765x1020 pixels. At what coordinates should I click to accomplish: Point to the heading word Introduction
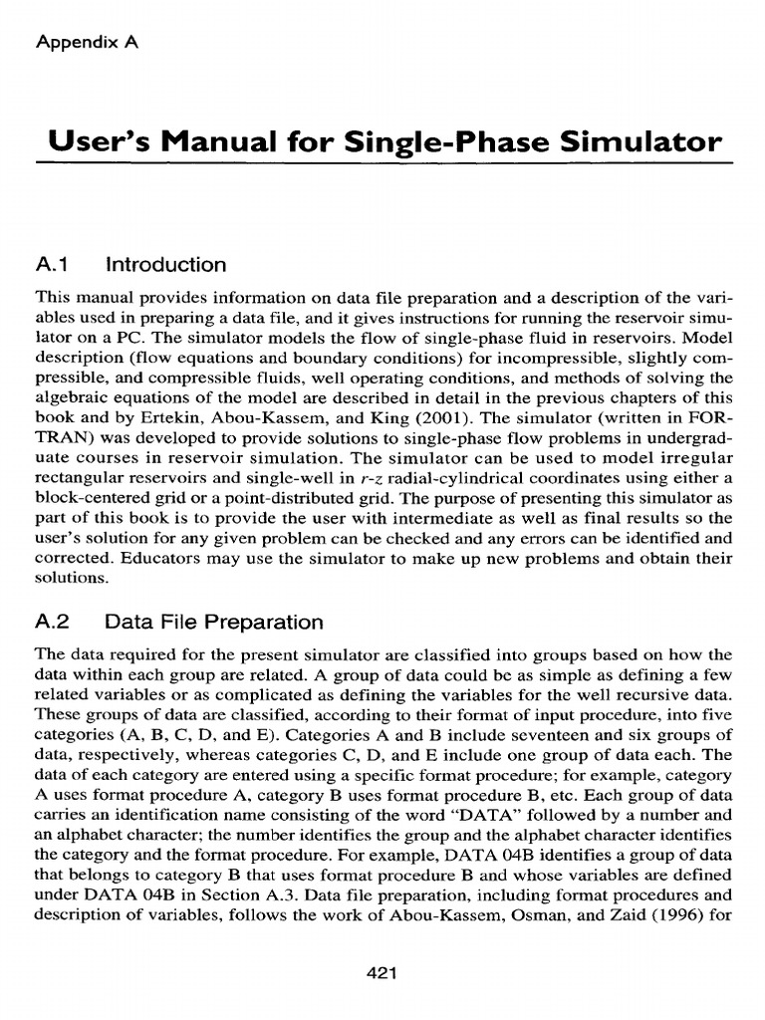[x=165, y=265]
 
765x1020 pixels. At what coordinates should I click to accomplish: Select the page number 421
[x=382, y=948]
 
